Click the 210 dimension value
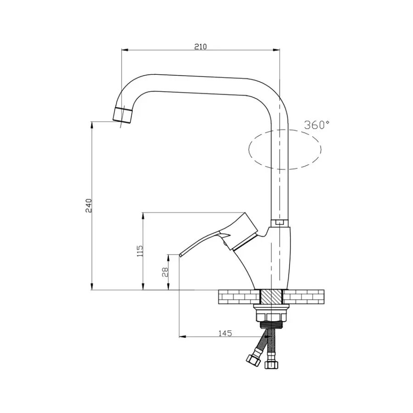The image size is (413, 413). (x=201, y=47)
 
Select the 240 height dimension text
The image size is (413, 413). (x=89, y=206)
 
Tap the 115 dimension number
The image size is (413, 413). (x=140, y=251)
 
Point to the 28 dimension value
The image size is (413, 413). (x=165, y=272)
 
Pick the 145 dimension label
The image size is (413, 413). (x=225, y=333)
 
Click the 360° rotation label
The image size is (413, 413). (x=317, y=125)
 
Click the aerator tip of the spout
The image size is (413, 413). (x=123, y=115)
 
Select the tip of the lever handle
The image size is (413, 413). (x=180, y=255)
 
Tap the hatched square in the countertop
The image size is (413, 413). (x=271, y=296)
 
